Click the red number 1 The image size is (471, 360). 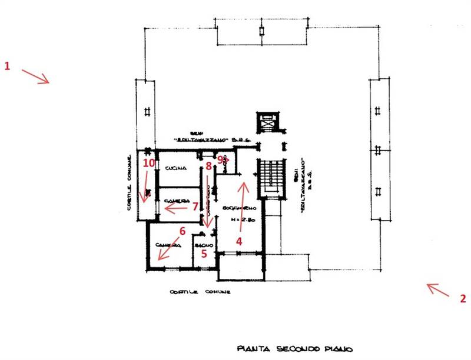[8, 66]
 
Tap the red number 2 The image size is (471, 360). [463, 298]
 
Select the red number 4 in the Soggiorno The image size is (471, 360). [239, 241]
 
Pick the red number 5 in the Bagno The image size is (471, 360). [204, 254]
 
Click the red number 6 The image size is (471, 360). [182, 231]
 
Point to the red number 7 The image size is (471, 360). [195, 206]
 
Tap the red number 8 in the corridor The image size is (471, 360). [208, 166]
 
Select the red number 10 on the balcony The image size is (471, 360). [148, 163]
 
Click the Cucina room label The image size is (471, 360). [176, 168]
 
